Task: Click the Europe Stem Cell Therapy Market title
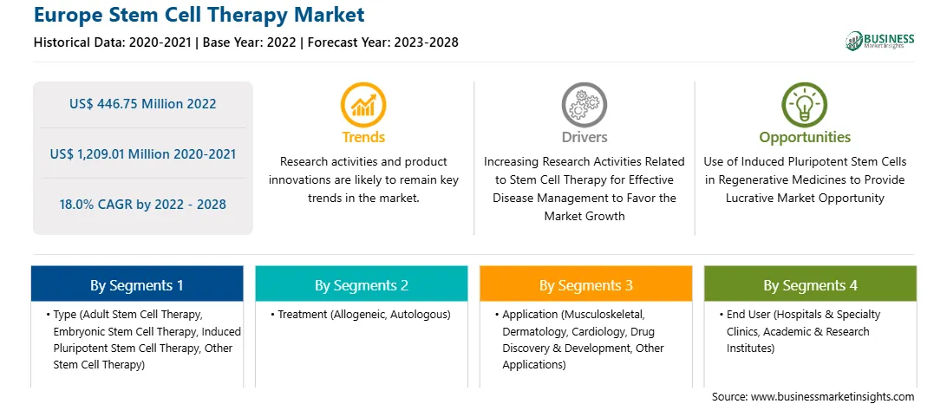[199, 15]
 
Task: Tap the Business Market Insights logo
[879, 41]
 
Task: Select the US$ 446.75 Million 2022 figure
[142, 104]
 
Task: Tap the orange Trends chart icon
[363, 105]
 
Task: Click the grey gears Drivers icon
[584, 105]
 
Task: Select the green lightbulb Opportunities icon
[805, 105]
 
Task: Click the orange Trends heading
[363, 137]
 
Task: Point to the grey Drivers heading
[585, 137]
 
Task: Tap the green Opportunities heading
[805, 138]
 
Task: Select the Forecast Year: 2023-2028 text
[379, 42]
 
